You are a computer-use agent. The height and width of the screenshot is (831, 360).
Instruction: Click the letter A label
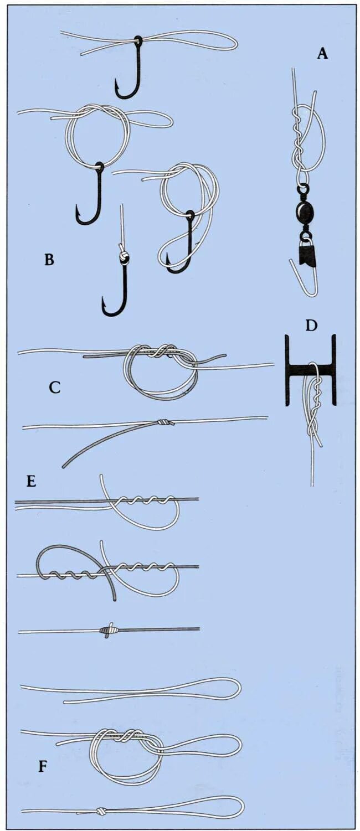[322, 54]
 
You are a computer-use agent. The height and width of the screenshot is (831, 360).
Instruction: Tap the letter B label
[49, 259]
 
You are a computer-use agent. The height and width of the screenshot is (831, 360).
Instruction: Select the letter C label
[54, 388]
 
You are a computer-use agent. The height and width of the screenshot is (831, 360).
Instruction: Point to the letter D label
[311, 326]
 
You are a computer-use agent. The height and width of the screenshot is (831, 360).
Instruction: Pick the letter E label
[31, 481]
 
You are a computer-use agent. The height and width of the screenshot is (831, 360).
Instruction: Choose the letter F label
[43, 767]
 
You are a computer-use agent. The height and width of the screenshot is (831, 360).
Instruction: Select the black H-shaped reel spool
[311, 369]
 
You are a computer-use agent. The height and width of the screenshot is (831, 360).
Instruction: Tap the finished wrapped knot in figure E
[109, 629]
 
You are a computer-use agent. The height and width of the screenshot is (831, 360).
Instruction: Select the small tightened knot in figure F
[101, 812]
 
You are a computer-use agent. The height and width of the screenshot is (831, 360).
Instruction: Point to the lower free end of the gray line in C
[65, 466]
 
